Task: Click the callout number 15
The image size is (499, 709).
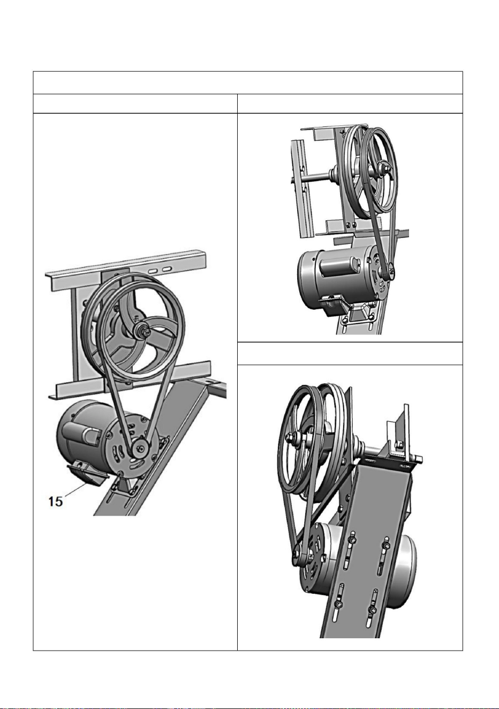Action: click(x=55, y=502)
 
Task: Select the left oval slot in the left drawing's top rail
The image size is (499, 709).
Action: click(x=153, y=271)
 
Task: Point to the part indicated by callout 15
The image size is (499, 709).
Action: click(x=87, y=472)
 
